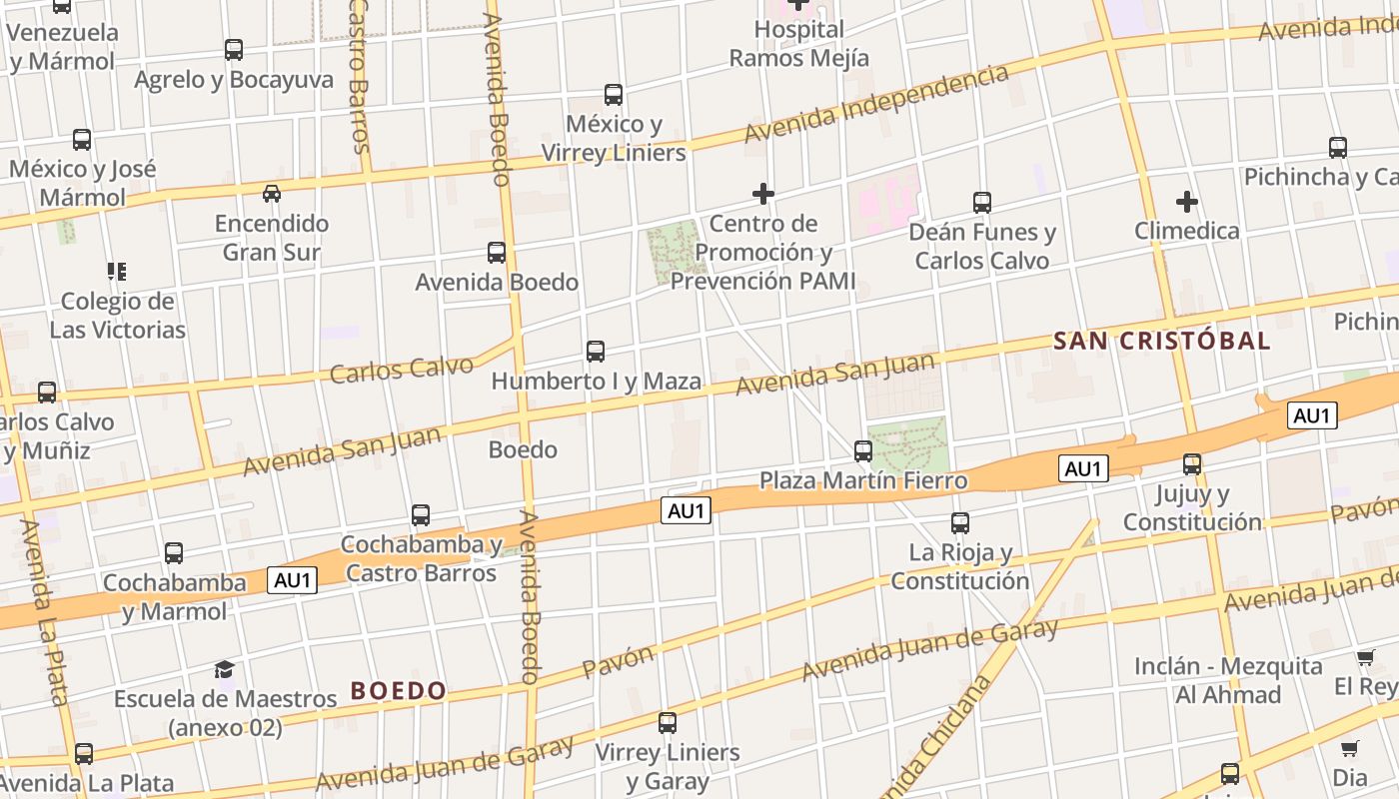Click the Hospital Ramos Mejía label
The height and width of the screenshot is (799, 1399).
point(798,44)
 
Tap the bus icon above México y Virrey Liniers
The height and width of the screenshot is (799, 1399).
point(614,95)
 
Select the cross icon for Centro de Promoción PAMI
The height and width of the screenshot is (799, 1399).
point(763,193)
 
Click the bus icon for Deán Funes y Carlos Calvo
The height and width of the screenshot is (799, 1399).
point(982,202)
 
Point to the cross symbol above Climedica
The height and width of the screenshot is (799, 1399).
point(1186,202)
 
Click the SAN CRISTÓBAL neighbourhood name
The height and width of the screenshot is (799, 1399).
point(1161,341)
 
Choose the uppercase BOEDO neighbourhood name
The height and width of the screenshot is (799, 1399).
point(398,690)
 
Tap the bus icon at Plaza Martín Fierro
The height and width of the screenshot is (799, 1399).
point(863,450)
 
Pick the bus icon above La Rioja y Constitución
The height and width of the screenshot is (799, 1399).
point(960,522)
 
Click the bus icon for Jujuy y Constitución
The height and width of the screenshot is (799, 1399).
point(1192,464)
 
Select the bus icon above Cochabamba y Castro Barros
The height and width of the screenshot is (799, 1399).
point(421,515)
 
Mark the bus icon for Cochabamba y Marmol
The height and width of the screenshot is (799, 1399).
point(174,552)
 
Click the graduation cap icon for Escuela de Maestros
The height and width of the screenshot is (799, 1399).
point(224,669)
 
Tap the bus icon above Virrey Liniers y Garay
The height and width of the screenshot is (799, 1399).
point(668,722)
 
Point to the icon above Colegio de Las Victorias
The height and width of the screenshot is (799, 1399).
point(117,271)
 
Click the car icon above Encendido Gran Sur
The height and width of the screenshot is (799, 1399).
point(271,193)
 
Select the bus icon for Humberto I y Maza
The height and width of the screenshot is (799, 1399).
point(596,352)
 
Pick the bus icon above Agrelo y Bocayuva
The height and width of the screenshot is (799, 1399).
point(234,50)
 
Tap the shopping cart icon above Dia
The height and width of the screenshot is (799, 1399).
point(1350,748)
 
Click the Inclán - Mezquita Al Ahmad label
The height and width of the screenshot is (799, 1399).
point(1228,680)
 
